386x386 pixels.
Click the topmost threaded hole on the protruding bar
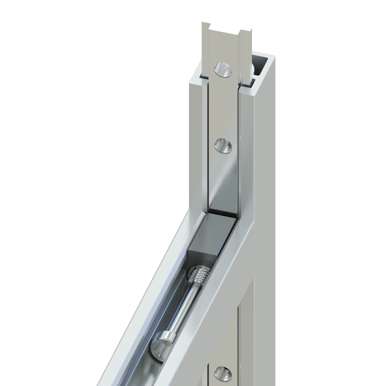[223, 70]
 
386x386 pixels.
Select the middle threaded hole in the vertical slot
[223, 146]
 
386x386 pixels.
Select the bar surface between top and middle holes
[223, 108]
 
